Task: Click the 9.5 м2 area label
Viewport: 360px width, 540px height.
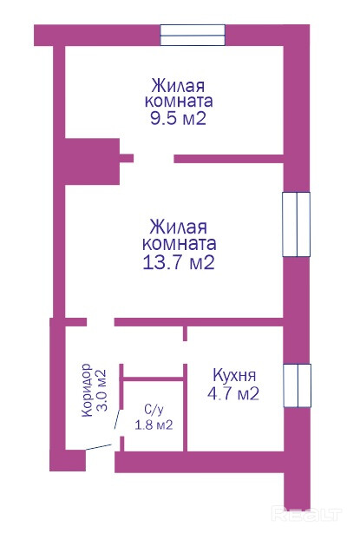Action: [178, 118]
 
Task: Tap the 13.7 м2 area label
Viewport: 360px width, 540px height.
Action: [179, 262]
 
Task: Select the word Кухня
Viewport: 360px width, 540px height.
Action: [234, 375]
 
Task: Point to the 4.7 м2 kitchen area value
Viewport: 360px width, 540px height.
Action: [233, 393]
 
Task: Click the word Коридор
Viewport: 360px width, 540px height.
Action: [87, 390]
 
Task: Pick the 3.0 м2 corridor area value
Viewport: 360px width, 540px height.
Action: [101, 390]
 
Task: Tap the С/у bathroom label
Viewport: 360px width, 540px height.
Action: [154, 410]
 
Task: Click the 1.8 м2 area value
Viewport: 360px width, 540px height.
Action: [154, 425]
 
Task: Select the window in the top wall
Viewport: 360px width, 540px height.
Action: [193, 35]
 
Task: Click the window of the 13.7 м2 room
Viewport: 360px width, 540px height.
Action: [297, 224]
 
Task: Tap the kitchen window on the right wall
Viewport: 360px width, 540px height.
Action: [298, 385]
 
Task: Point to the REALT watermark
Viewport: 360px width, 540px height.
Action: [306, 515]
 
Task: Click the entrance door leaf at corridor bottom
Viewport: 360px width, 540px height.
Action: [98, 447]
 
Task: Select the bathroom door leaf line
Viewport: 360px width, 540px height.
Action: [117, 419]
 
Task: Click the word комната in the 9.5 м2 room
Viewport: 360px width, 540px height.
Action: [179, 102]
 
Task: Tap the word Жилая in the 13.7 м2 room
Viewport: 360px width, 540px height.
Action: [179, 227]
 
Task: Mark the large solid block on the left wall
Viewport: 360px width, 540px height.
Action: [92, 161]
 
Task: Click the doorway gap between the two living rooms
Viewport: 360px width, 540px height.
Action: [154, 158]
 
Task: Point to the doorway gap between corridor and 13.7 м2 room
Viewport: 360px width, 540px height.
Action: [100, 322]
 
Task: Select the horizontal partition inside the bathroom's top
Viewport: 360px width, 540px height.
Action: [154, 379]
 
